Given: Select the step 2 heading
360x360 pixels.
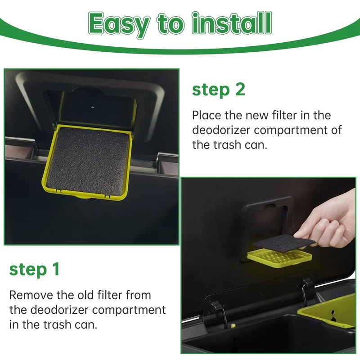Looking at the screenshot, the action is [219, 90].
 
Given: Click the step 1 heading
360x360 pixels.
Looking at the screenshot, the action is [35, 269].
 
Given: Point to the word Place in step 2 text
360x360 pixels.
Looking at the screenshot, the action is [206, 115].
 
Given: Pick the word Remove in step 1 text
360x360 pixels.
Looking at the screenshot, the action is [31, 295].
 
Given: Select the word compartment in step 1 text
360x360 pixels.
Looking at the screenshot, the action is [129, 310].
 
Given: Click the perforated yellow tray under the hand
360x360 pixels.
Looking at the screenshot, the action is [279, 258].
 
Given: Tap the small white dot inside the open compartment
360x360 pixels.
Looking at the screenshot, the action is [93, 107].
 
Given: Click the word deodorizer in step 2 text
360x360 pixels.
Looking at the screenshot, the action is [221, 130].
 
